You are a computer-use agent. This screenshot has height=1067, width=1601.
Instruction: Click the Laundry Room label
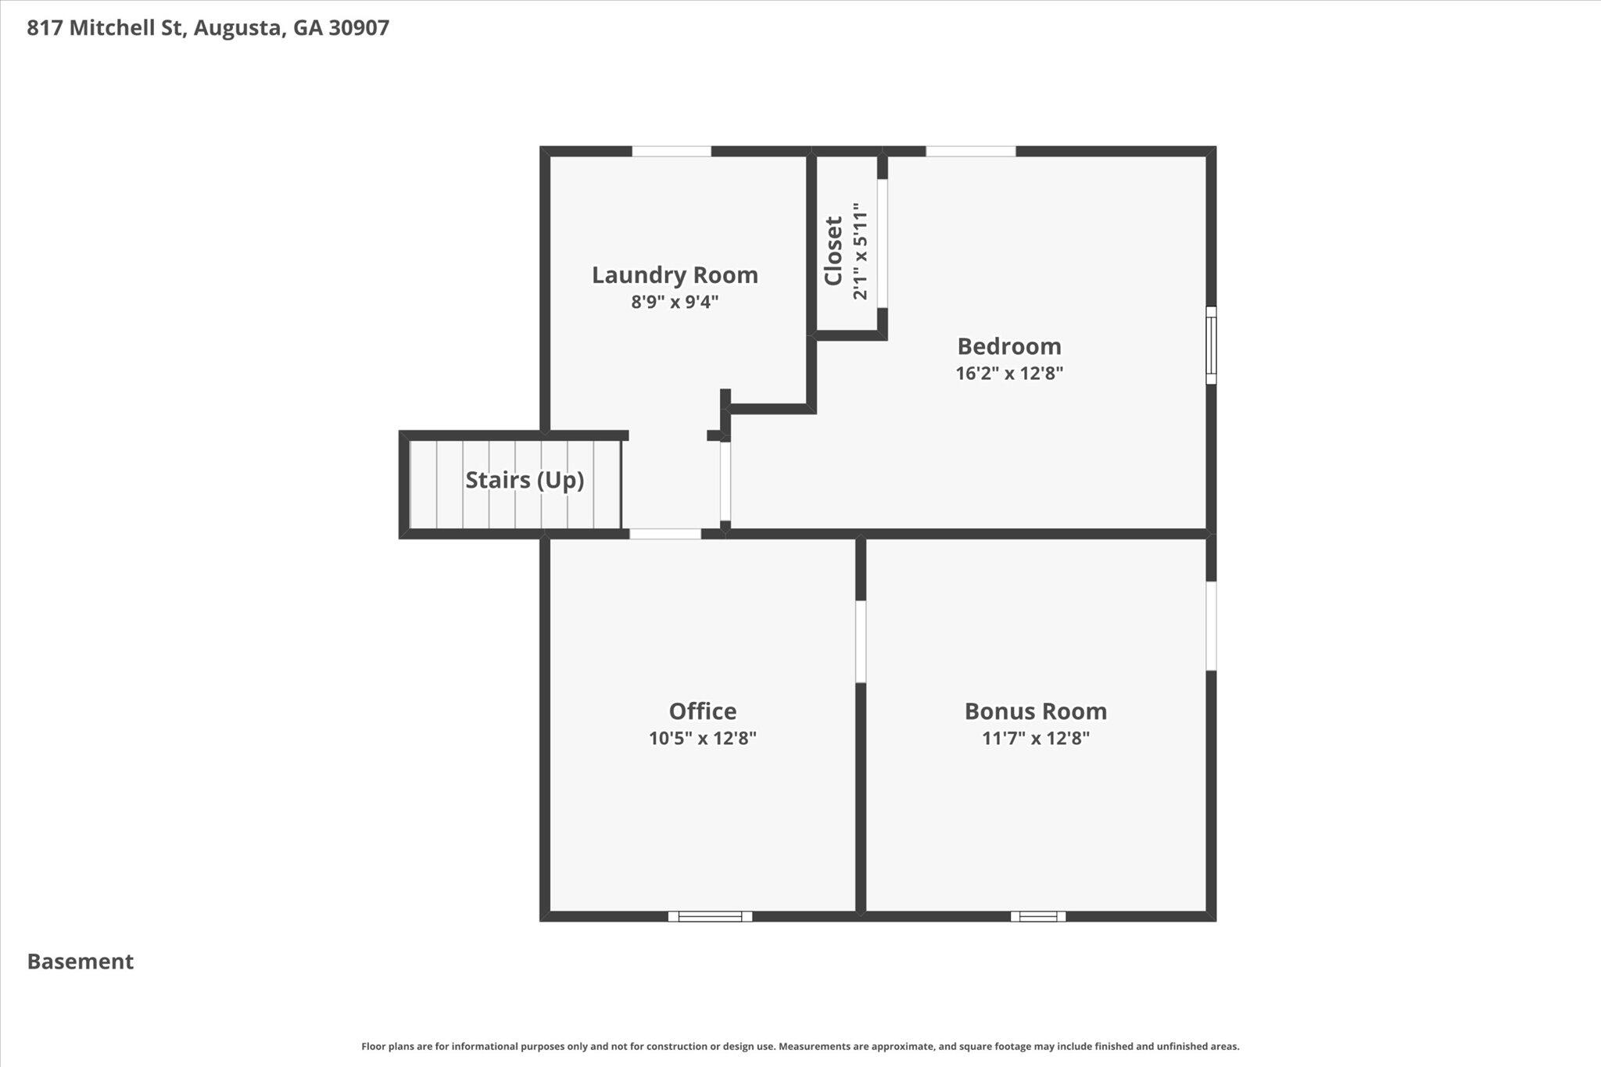(x=675, y=275)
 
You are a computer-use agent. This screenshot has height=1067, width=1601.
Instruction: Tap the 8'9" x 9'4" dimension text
(x=675, y=302)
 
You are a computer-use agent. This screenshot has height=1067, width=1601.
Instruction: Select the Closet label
(x=833, y=251)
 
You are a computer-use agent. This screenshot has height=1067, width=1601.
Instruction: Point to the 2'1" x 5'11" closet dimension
(x=860, y=251)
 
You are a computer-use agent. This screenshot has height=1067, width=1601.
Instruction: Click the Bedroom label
(x=1008, y=346)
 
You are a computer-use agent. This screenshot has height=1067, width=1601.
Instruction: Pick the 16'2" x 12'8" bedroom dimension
(x=1008, y=373)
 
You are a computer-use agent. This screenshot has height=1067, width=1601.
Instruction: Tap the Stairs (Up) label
(x=525, y=480)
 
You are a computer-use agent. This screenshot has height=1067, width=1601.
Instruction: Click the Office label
(x=702, y=711)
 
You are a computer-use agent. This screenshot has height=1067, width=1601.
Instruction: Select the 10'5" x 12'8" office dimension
(x=702, y=738)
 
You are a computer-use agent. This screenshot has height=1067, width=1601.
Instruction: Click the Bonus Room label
(x=1035, y=711)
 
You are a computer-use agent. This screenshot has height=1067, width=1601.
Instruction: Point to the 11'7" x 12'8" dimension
(x=1035, y=738)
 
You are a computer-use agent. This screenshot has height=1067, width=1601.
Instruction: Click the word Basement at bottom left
(x=81, y=961)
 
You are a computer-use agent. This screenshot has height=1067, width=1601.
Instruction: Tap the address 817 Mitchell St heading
(x=208, y=28)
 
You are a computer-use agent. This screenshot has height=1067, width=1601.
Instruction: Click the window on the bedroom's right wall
(x=1211, y=345)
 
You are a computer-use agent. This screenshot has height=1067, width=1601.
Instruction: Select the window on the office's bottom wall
(x=710, y=916)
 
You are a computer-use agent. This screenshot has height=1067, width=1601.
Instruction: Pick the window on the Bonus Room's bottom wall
(x=1037, y=916)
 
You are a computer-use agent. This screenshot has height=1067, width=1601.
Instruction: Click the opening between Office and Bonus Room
(x=861, y=641)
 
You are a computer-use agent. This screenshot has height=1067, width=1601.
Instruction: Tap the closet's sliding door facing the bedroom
(x=882, y=243)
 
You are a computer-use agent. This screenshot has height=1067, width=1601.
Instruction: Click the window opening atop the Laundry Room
(x=672, y=151)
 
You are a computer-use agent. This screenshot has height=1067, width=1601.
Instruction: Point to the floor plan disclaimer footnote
(x=800, y=1046)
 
